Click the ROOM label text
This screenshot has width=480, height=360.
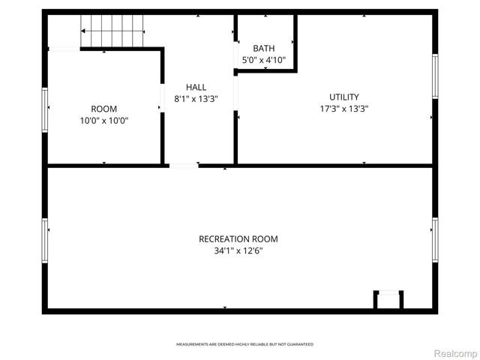point(103,109)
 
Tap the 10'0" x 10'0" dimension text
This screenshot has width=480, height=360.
point(103,120)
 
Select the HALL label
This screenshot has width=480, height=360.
point(196,88)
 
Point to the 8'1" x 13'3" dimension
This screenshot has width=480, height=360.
point(196,98)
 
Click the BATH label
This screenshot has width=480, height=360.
point(263,48)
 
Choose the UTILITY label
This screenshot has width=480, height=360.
point(344,97)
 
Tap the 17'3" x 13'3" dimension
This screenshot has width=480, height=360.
point(344,108)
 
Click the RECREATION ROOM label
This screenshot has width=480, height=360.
point(238,239)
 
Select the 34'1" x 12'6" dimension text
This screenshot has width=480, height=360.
point(238,251)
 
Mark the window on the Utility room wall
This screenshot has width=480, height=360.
point(434,76)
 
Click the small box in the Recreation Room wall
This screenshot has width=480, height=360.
point(388,300)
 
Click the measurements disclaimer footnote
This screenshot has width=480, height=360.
point(244,344)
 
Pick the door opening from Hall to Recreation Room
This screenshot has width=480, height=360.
point(183,165)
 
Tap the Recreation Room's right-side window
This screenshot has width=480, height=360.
point(434,239)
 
